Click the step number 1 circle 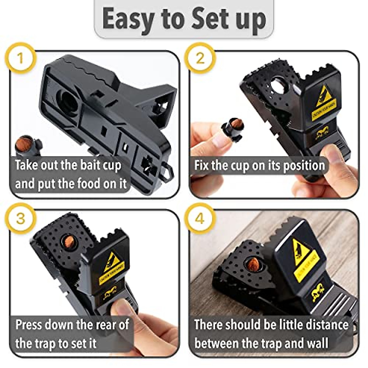click(x=21, y=58)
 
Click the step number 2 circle click(x=200, y=58)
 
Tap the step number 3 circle click(x=21, y=218)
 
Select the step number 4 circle click(x=200, y=218)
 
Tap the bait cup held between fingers click(x=233, y=129)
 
